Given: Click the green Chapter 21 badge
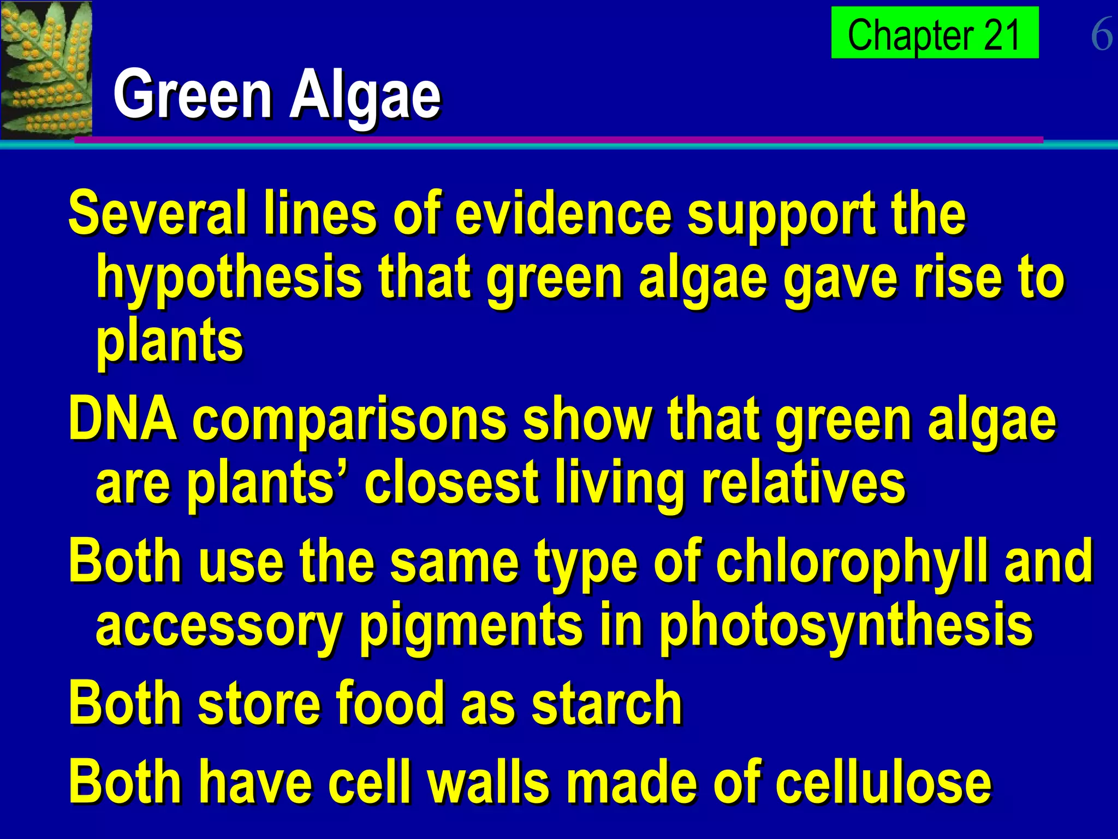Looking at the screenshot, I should [x=934, y=33].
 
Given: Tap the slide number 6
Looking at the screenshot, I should [x=1101, y=34].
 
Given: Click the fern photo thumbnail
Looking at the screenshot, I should [x=46, y=69].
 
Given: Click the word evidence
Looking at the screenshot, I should [x=563, y=213].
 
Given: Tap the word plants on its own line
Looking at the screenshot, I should [x=169, y=341].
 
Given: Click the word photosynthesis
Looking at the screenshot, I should [x=846, y=626].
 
